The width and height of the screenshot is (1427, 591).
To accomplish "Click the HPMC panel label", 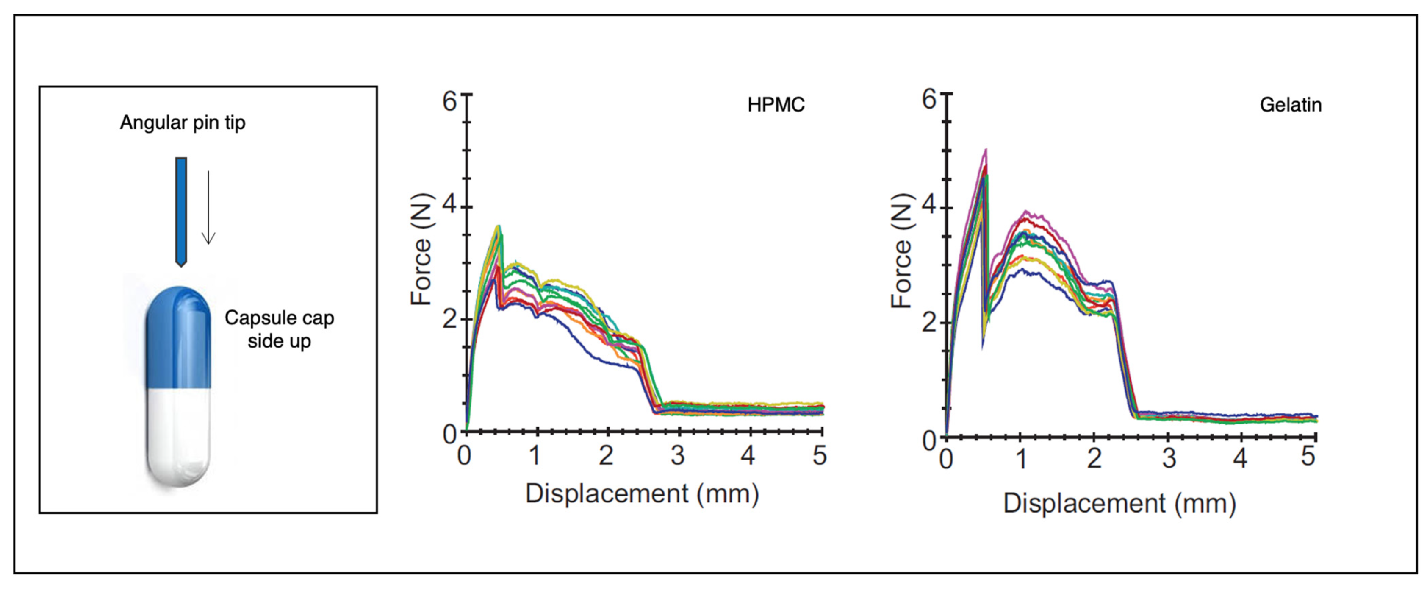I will point(775,105).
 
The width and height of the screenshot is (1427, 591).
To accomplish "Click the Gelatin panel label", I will point(1290,105).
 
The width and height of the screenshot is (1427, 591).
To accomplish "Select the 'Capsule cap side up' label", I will point(279,329).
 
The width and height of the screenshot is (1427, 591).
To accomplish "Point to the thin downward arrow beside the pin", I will point(208,208).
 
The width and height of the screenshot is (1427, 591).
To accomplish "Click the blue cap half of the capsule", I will point(178,338).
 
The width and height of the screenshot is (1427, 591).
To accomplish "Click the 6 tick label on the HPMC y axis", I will point(449,101).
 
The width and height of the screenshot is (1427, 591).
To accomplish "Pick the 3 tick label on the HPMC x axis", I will point(677,456).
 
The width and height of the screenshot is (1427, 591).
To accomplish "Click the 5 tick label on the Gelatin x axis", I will point(1308,457).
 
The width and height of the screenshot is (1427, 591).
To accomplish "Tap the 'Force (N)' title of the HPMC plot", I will point(421,249).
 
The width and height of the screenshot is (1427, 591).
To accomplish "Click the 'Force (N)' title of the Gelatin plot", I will point(901,250).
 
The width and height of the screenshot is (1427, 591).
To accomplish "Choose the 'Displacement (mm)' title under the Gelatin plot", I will point(1119,503).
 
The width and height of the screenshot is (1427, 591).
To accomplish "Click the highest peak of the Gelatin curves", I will point(986,150).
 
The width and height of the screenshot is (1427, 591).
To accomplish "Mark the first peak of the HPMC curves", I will point(499,226).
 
